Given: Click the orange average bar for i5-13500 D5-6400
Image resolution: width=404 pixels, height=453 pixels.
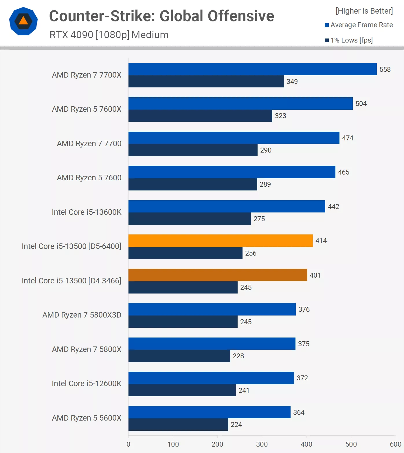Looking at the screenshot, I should point(221,241).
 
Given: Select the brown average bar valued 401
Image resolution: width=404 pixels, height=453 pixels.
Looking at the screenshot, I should point(218,275).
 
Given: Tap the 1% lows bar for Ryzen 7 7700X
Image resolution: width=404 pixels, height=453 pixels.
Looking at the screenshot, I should point(206,81).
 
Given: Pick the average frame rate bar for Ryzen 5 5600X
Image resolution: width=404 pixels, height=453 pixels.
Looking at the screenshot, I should point(209,412).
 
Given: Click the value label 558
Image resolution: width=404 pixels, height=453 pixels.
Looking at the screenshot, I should point(385,69).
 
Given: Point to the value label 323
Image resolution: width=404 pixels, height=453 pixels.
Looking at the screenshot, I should point(280,116).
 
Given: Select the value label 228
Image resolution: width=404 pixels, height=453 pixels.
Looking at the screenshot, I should point(238,356).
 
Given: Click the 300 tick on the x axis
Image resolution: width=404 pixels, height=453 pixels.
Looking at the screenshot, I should point(262,444).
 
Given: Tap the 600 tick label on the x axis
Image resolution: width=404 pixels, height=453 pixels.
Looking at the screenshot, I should point(395,444).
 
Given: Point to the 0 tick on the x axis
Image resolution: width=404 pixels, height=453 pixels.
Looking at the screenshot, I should point(128,444).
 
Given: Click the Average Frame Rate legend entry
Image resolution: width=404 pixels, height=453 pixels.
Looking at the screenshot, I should point(359,25).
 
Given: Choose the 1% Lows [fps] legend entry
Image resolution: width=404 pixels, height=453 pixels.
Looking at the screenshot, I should point(349,40).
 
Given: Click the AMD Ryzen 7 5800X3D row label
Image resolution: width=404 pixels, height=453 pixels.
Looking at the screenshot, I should point(82,315).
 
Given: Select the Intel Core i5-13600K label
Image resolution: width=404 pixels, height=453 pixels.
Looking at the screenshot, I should point(87,212).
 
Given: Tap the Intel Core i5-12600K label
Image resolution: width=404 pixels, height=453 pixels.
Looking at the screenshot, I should point(87,384).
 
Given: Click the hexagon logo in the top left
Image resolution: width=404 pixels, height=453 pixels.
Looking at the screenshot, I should point(23,21).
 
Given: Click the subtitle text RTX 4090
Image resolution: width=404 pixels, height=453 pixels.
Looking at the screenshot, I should point(71,35).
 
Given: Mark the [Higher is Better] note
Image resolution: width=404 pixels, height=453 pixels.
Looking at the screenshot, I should point(364,11).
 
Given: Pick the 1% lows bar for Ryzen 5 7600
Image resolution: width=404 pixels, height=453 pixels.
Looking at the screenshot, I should point(193,184).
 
